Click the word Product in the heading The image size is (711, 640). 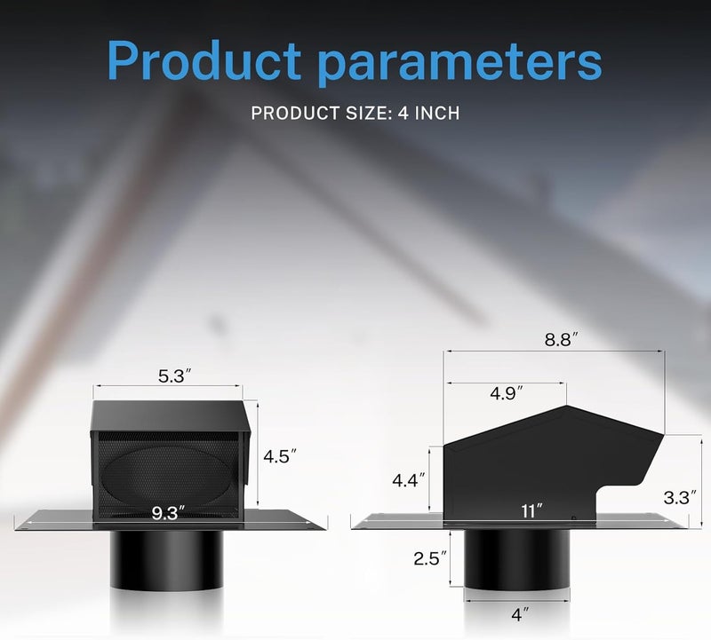(x=204, y=60)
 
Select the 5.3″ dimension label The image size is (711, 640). (x=174, y=376)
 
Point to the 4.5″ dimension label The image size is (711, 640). (x=280, y=456)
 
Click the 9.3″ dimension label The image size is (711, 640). (x=168, y=513)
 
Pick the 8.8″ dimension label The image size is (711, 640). (x=562, y=339)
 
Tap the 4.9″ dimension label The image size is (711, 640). (x=507, y=393)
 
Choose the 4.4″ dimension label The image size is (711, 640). (x=409, y=480)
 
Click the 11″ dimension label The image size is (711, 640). (x=531, y=511)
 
